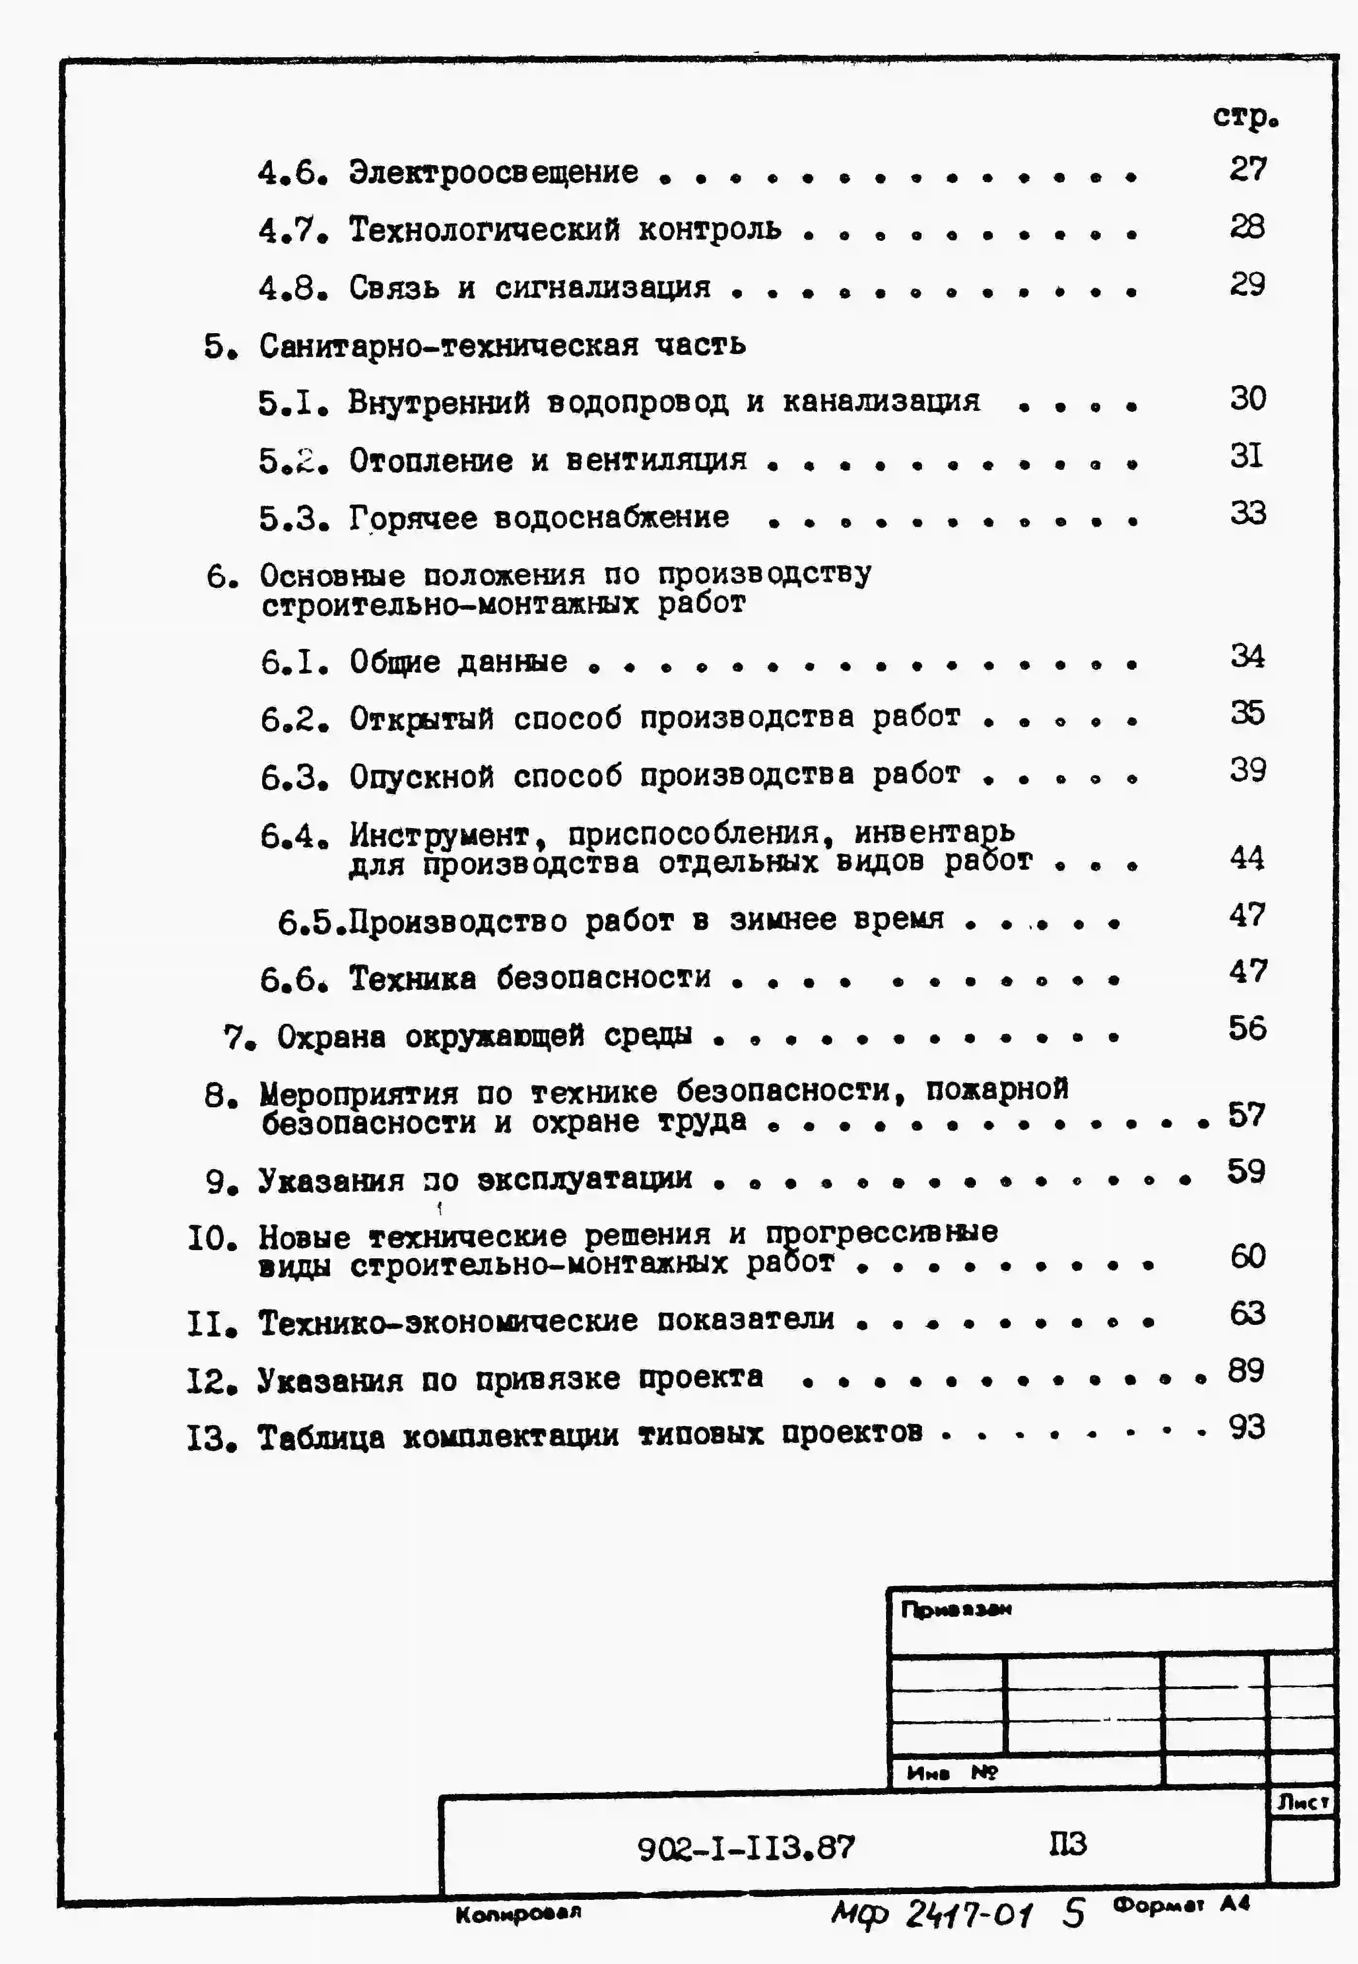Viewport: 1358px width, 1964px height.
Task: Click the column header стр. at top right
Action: click(x=1245, y=117)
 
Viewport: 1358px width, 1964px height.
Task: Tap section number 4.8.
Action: click(x=293, y=288)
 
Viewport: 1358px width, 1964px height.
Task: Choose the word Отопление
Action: click(x=431, y=461)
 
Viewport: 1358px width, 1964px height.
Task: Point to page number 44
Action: click(x=1246, y=858)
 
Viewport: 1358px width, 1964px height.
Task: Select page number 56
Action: click(x=1246, y=1029)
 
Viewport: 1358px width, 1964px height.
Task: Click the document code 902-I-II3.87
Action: click(x=746, y=1848)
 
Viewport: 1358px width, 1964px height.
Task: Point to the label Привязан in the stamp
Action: click(x=956, y=1609)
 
